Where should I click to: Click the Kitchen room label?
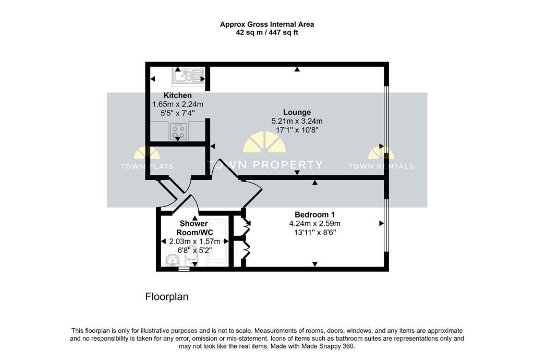177,95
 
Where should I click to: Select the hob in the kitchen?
178,130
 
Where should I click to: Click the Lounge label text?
297,112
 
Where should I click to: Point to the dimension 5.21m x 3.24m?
297,121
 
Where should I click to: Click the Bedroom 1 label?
314,214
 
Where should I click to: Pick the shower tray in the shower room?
215,243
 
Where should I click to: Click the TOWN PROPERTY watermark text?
266,165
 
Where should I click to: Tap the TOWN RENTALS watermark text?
381,166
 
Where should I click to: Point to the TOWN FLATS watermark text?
147,166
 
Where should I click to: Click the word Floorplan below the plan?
166,297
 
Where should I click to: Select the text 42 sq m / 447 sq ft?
267,32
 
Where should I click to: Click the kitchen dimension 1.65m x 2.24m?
177,104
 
